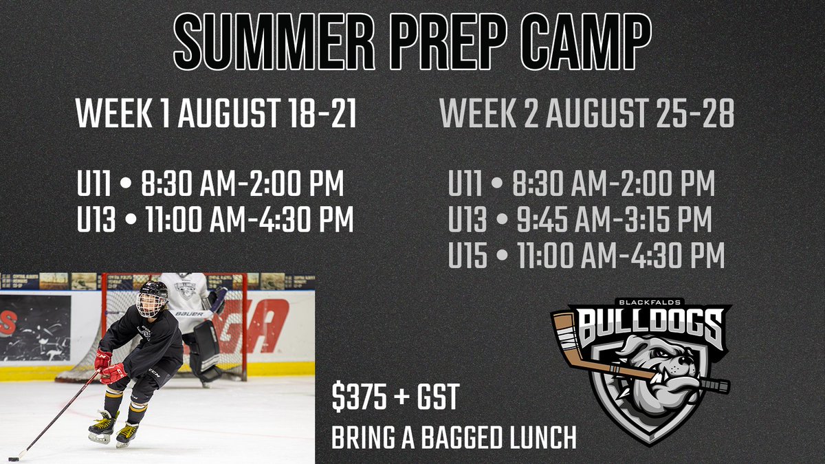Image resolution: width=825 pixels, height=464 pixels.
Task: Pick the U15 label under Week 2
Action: (x=467, y=256)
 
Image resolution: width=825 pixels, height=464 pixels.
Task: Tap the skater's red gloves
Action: (x=110, y=368)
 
